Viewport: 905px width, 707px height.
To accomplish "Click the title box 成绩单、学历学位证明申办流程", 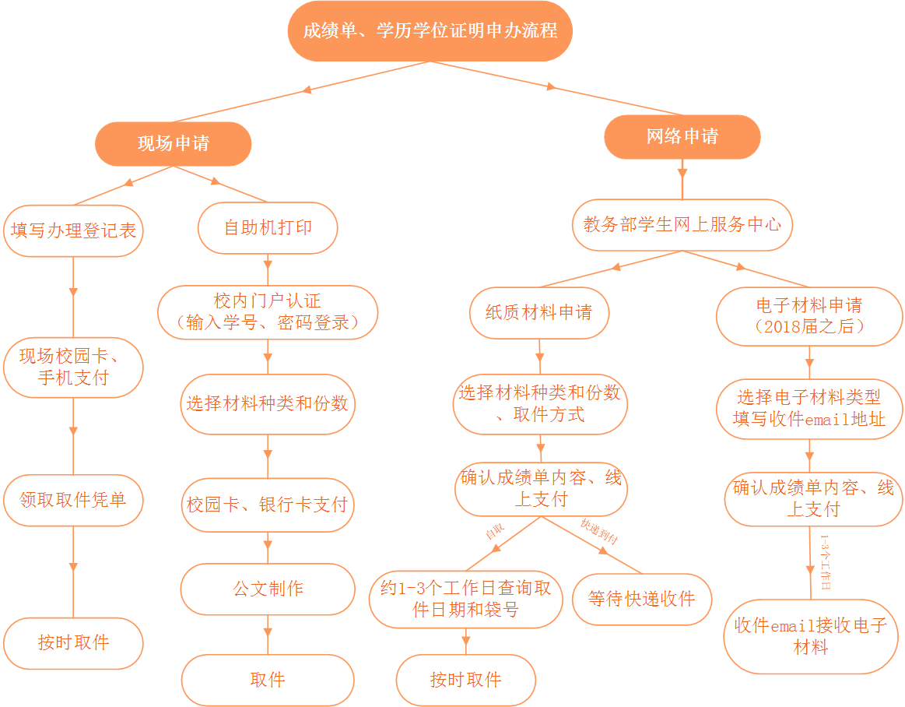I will pos(430,31).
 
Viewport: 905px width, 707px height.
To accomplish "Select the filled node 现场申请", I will pos(173,143).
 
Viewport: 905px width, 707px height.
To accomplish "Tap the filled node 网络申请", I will pos(682,137).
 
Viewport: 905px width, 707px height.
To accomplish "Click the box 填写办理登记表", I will pos(73,230).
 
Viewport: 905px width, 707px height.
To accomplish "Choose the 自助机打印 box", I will pos(268,228).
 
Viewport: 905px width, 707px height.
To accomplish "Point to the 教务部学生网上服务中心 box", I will pos(682,225).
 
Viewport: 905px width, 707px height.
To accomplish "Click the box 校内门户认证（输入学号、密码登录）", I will pos(268,311).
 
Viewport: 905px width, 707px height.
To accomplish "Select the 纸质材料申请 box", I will pos(538,313).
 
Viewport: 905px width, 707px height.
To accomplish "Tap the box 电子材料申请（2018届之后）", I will pos(809,315).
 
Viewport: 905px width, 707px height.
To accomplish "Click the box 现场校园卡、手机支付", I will pos(73,367).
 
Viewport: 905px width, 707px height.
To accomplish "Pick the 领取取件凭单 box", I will pos(73,499).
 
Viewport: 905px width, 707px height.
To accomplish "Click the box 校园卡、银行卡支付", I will pos(268,505).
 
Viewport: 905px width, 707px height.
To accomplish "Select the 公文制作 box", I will pos(268,589).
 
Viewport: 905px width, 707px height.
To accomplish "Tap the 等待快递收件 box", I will pos(642,599).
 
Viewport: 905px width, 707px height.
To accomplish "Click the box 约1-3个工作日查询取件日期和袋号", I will pos(465,599).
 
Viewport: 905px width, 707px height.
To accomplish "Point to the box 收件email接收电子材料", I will pos(810,636).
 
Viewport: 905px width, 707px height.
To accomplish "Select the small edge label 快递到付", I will pos(598,531).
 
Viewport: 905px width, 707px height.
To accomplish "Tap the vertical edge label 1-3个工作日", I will pos(826,561).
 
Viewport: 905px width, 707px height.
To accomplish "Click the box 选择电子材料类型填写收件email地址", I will pos(809,409).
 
